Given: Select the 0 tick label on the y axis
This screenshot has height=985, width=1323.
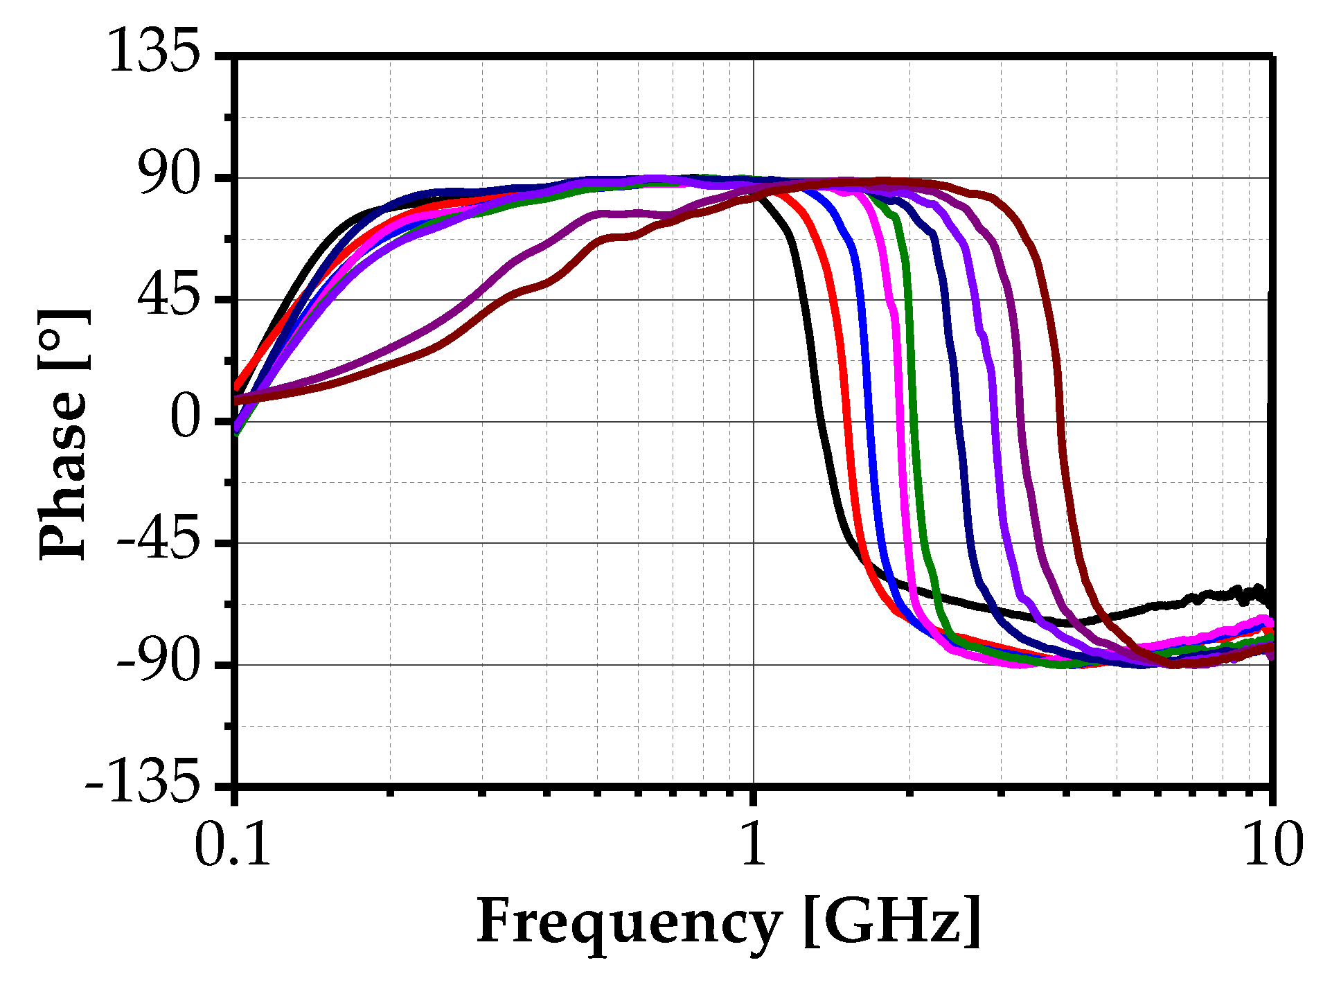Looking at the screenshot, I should pyautogui.click(x=185, y=420).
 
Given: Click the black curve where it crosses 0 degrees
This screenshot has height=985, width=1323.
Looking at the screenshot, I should pyautogui.click(x=819, y=421).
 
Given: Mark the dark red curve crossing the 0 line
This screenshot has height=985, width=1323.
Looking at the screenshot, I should pyautogui.click(x=1061, y=421).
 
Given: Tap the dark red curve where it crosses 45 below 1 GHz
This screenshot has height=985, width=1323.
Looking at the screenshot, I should pyautogui.click(x=504, y=299).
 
